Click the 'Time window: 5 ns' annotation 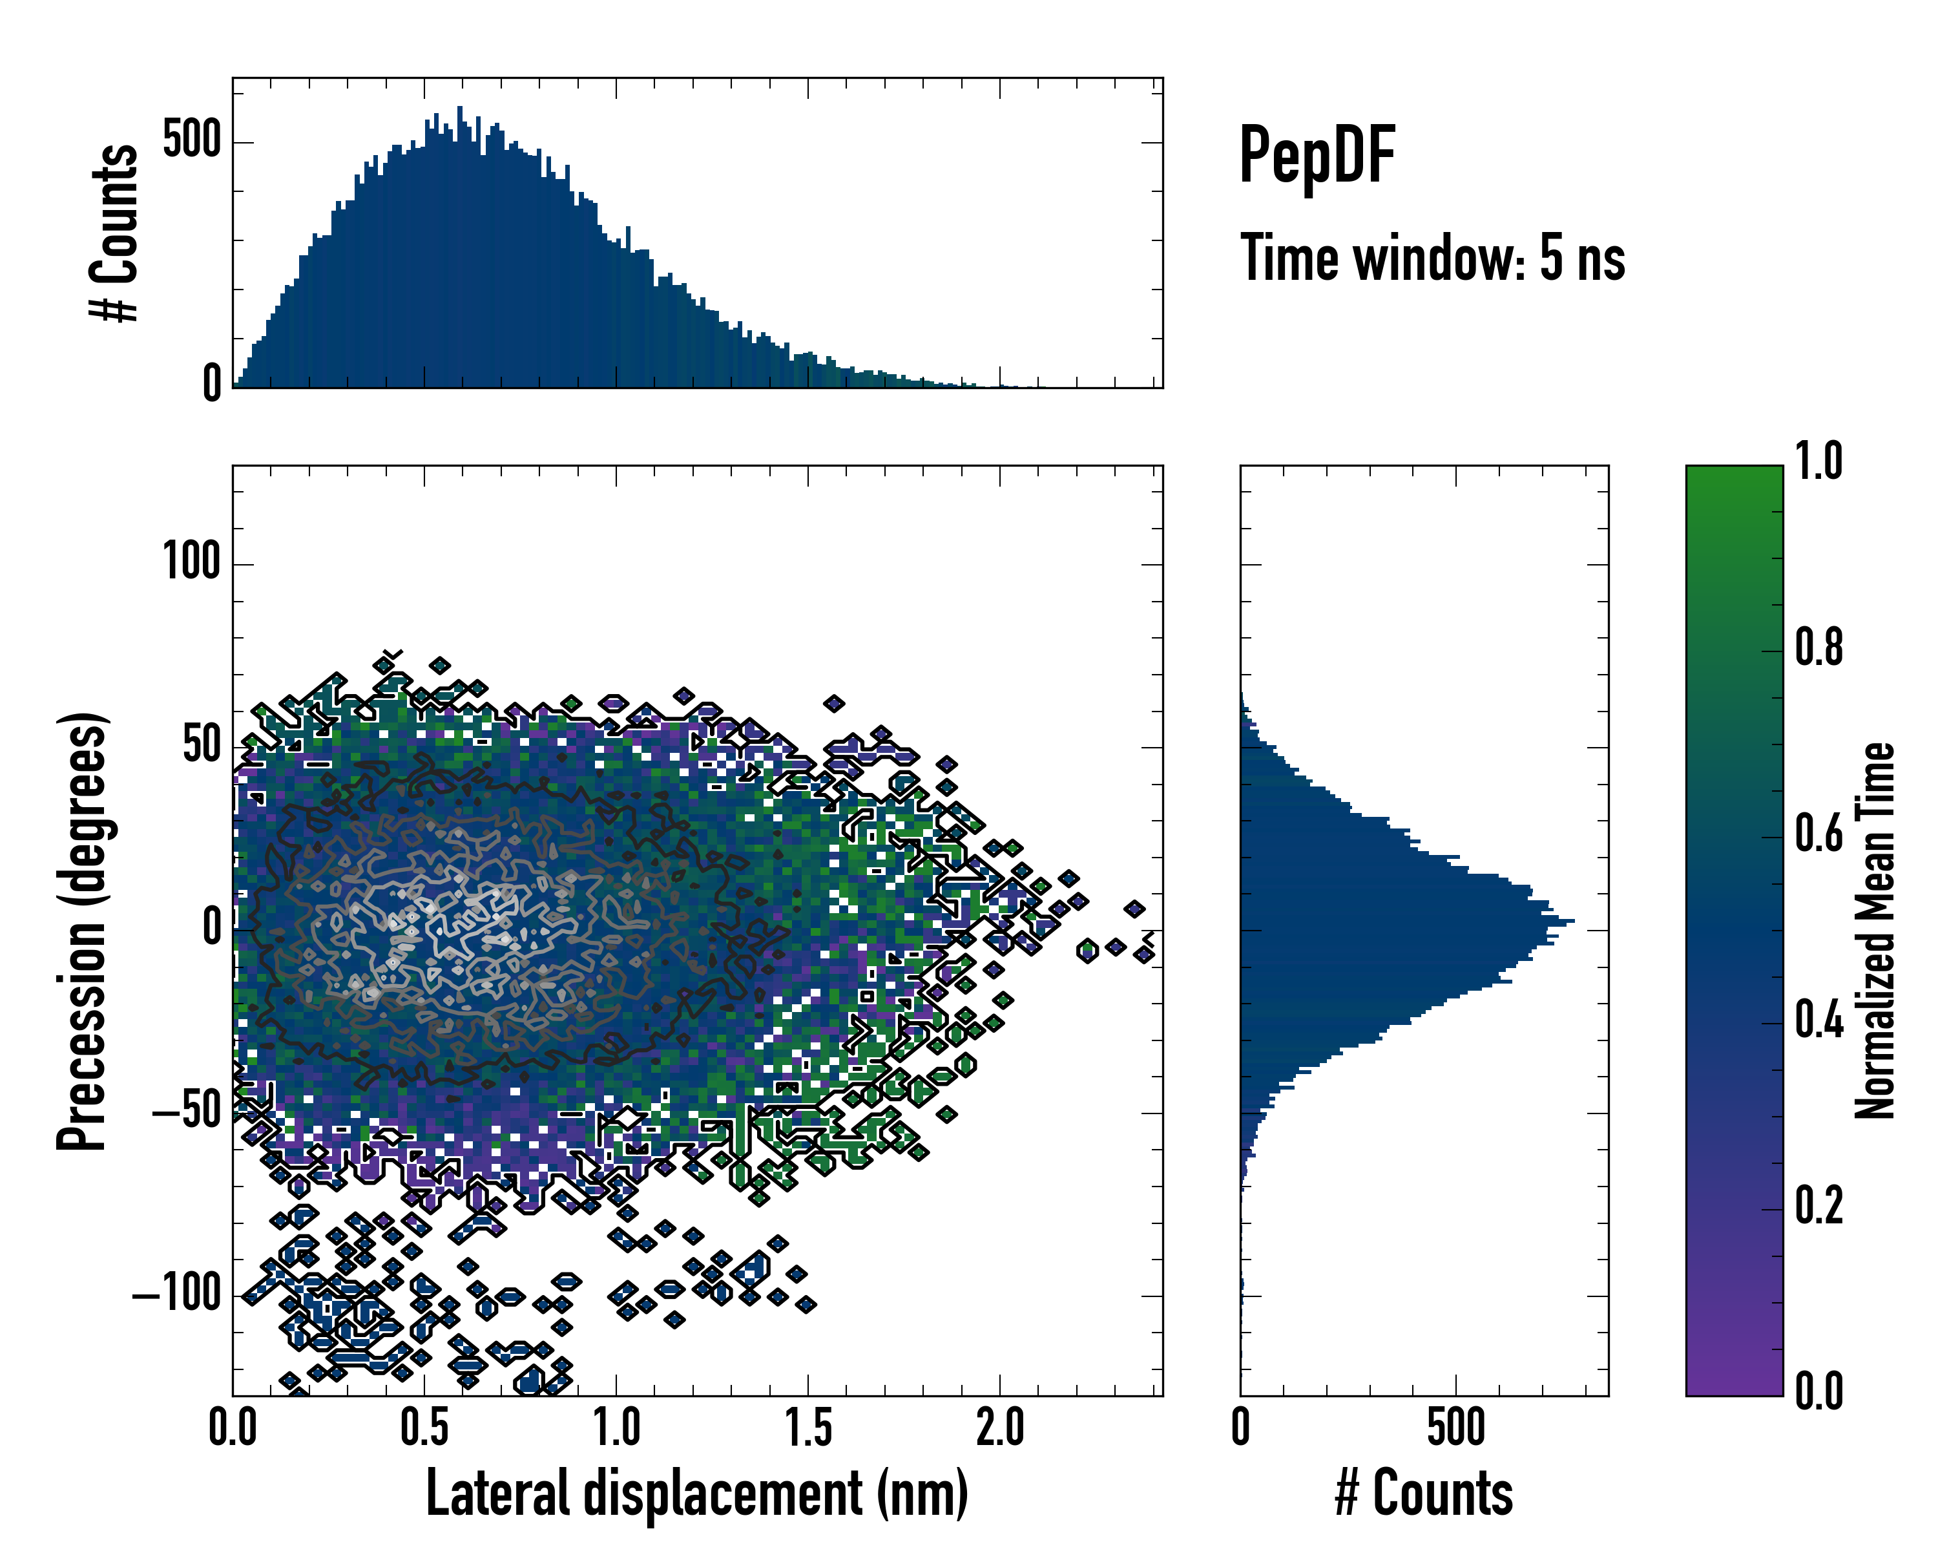pyautogui.click(x=1433, y=258)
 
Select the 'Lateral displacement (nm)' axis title pyautogui.click(x=696, y=1493)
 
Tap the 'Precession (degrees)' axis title pyautogui.click(x=83, y=931)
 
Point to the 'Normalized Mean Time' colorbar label pyautogui.click(x=1875, y=931)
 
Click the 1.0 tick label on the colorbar pyautogui.click(x=1818, y=462)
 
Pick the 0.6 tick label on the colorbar pyautogui.click(x=1818, y=834)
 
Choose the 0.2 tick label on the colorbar pyautogui.click(x=1818, y=1206)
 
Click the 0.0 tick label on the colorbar pyautogui.click(x=1818, y=1391)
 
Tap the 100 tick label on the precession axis pyautogui.click(x=191, y=563)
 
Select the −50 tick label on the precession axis pyautogui.click(x=186, y=1112)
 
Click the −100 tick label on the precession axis pyautogui.click(x=176, y=1296)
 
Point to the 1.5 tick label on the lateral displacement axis pyautogui.click(x=808, y=1428)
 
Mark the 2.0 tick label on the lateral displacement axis pyautogui.click(x=999, y=1428)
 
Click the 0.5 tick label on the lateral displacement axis pyautogui.click(x=424, y=1428)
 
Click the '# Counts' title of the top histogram pyautogui.click(x=115, y=233)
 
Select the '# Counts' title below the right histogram pyautogui.click(x=1424, y=1493)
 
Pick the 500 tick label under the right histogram pyautogui.click(x=1455, y=1428)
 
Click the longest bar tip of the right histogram pyautogui.click(x=1573, y=922)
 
